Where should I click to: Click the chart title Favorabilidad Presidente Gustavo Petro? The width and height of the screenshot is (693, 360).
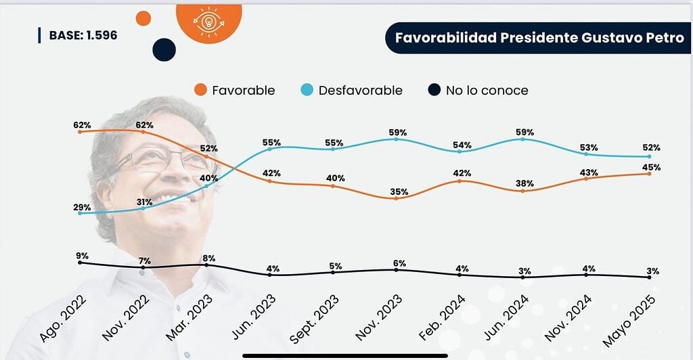coord(539,38)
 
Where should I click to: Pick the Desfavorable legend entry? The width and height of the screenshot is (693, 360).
coord(352,90)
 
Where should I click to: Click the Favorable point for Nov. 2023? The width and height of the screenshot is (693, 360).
coord(396,198)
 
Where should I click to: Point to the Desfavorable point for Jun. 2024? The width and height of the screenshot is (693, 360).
coord(522,139)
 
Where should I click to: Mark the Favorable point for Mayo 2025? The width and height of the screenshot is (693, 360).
coord(649,173)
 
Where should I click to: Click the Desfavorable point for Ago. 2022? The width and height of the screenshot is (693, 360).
coord(80,213)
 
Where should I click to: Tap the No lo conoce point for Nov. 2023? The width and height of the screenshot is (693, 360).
coord(396,269)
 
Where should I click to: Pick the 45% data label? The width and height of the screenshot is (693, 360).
coord(652,167)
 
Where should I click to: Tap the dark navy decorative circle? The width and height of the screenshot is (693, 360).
coord(164,49)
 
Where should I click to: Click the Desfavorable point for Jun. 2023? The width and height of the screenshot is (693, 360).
coord(269,149)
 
